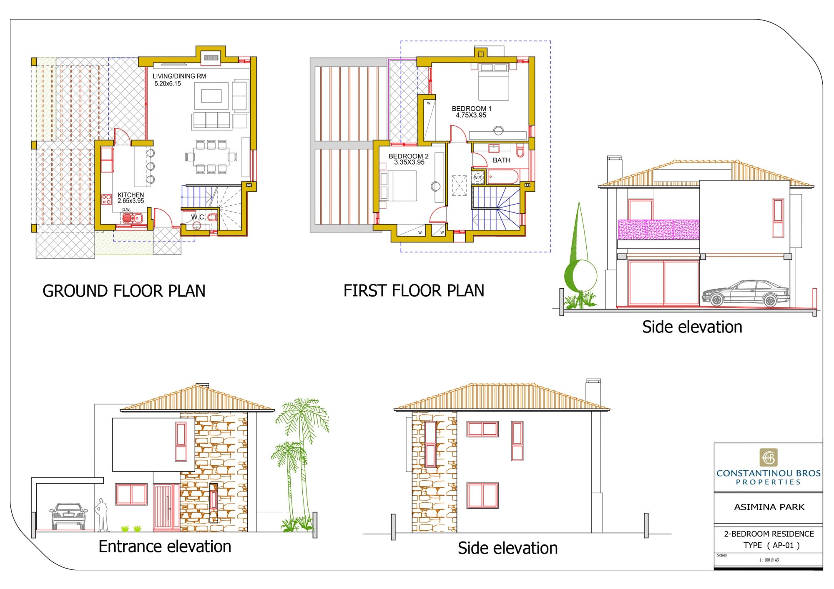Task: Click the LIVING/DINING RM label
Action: point(179,76)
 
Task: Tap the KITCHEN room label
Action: point(131,195)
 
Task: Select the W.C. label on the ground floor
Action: point(198,217)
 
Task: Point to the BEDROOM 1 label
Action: point(472,108)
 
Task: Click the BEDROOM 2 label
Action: point(409,156)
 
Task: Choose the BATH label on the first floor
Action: point(502,160)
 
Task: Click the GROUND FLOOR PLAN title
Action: point(124,291)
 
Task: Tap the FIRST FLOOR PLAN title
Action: point(414,290)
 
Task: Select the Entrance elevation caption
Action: point(165,546)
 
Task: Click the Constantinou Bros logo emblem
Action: point(769,457)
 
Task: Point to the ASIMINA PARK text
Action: point(769,507)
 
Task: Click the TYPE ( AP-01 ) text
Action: point(771,545)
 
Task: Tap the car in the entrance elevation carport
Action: point(68,516)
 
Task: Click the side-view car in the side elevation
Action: point(746,294)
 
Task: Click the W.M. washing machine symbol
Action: point(478,177)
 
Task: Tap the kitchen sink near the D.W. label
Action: point(132,217)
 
